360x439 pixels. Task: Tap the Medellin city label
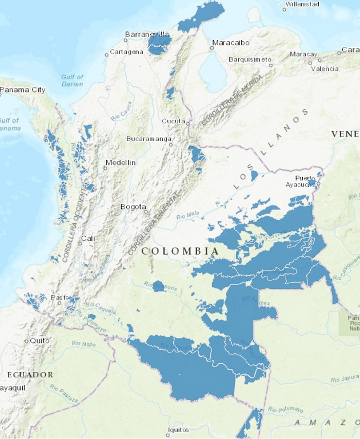click(x=120, y=163)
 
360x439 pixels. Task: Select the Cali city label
click(x=89, y=238)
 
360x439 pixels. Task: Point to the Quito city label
click(x=39, y=340)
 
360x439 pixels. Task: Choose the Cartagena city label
click(x=126, y=52)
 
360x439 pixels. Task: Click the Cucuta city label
click(x=173, y=121)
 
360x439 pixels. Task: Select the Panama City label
click(x=23, y=90)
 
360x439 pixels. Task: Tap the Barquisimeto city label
click(x=250, y=59)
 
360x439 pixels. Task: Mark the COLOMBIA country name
click(x=179, y=251)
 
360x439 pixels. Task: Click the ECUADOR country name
click(x=30, y=374)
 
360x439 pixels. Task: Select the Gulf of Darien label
click(x=72, y=80)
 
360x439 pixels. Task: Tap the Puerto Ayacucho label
click(x=305, y=182)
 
